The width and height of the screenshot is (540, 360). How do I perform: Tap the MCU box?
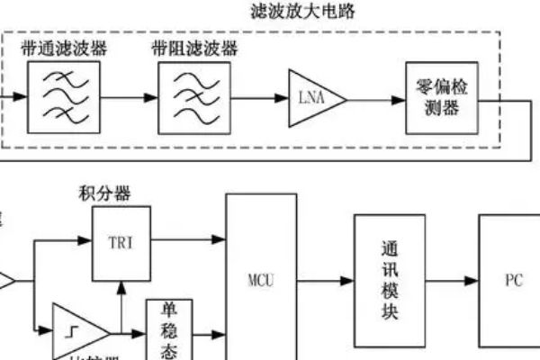[x=260, y=279]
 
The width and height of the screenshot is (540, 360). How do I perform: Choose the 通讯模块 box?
[x=388, y=281]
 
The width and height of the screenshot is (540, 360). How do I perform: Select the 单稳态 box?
[x=169, y=328]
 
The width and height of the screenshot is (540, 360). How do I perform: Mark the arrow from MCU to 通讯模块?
[x=325, y=281]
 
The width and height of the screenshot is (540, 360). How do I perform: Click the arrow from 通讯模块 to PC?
[x=450, y=281]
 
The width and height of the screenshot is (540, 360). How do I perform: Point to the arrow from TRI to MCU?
[x=186, y=241]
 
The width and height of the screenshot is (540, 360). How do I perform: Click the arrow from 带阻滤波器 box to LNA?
[x=252, y=96]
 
